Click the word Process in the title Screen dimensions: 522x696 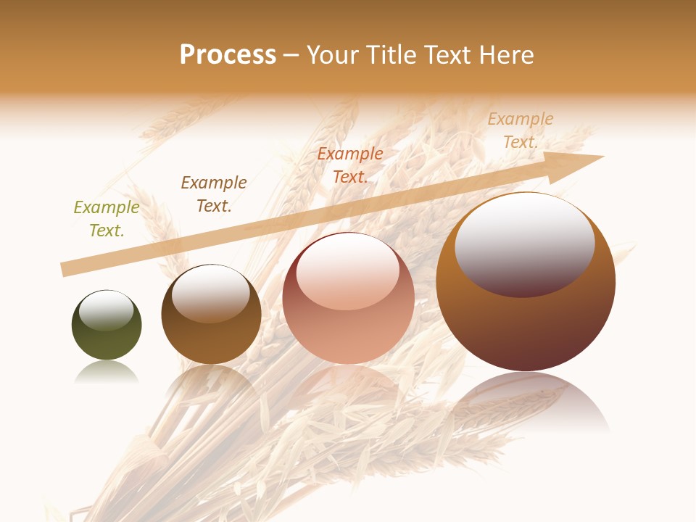coord(228,55)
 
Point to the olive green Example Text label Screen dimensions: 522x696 coord(107,219)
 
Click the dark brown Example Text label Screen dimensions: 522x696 coord(214,194)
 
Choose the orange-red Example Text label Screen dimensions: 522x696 coord(350,165)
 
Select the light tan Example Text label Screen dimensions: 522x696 coord(521,130)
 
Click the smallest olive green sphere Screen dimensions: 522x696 coord(107,341)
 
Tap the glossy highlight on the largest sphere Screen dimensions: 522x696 coord(524,243)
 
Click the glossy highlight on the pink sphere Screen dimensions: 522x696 coord(347,272)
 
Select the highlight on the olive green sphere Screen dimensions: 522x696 coord(106,310)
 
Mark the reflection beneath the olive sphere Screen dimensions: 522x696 coord(106,373)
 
